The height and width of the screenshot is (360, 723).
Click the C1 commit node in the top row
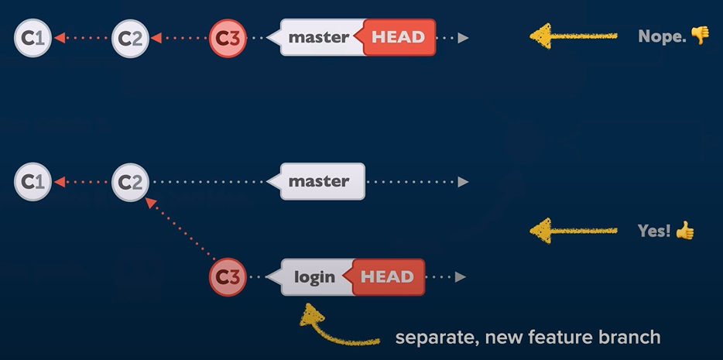(x=33, y=37)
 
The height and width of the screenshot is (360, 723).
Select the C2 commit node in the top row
(x=130, y=37)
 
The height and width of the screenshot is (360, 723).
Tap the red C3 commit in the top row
(x=228, y=37)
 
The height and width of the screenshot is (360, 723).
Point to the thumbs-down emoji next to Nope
(x=700, y=35)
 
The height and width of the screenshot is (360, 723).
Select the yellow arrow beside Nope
(x=573, y=36)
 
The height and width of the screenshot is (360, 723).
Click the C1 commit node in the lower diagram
(x=33, y=182)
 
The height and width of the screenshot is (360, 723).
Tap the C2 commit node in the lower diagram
(x=130, y=182)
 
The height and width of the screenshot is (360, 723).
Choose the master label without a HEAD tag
(x=319, y=182)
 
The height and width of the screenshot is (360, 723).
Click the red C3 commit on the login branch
(x=228, y=276)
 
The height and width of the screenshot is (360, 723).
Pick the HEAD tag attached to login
(x=388, y=277)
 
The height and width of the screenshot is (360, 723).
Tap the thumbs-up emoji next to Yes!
(x=685, y=229)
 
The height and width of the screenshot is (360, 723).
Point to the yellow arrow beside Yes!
(x=573, y=230)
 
